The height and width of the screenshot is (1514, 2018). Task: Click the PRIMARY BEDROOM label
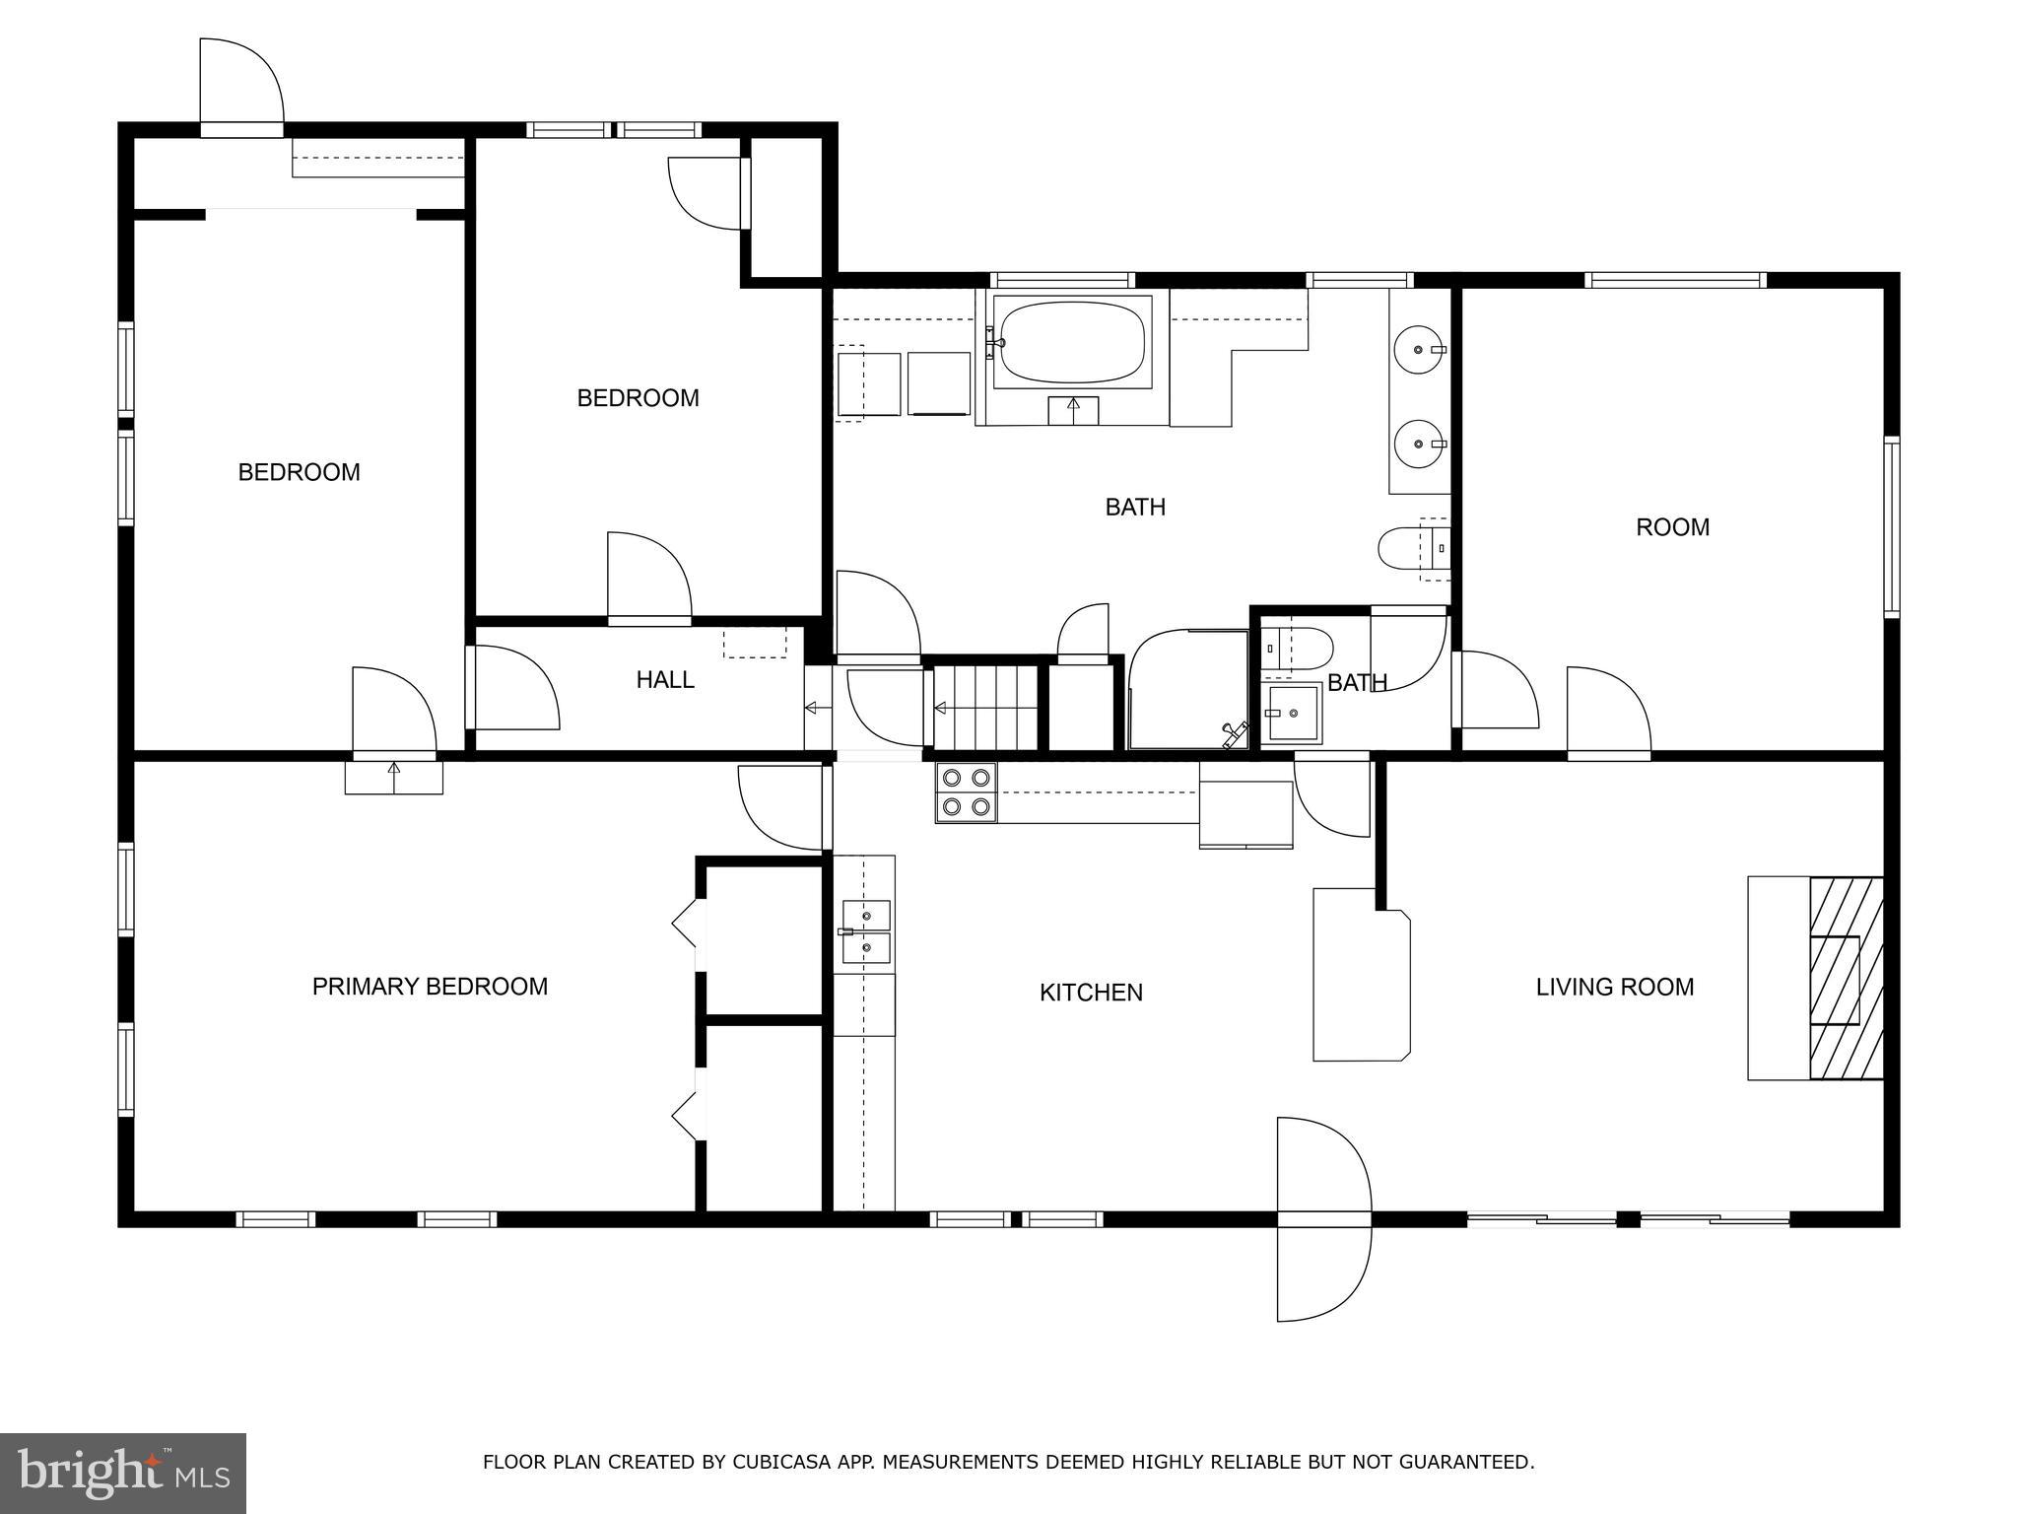[x=430, y=987]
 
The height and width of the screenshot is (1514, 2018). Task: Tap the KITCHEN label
[x=1091, y=993]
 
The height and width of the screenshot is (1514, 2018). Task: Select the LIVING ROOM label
[x=1614, y=987]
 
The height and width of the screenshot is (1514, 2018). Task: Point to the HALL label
[x=665, y=680]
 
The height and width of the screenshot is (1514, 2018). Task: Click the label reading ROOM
[x=1672, y=527]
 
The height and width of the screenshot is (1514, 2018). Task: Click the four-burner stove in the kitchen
[x=966, y=792]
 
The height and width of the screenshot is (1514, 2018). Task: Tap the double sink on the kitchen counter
[x=866, y=932]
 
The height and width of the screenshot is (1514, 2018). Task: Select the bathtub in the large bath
[x=1072, y=342]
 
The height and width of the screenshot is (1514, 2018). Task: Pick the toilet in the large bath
[x=1409, y=549]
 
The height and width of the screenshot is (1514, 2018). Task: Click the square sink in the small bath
[x=1293, y=714]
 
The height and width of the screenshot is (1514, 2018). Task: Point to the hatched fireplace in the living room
[x=1845, y=978]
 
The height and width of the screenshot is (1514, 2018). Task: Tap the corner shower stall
[x=1187, y=690]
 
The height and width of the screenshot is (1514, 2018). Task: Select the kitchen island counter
[x=1361, y=976]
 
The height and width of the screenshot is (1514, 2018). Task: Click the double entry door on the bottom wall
[x=1323, y=1219]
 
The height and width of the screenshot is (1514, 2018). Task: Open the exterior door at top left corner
[x=240, y=89]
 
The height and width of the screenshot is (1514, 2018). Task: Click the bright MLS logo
[x=122, y=1474]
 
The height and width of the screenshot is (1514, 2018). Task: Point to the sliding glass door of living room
[x=1628, y=1219]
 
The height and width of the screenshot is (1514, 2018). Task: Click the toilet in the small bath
[x=1299, y=649]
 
